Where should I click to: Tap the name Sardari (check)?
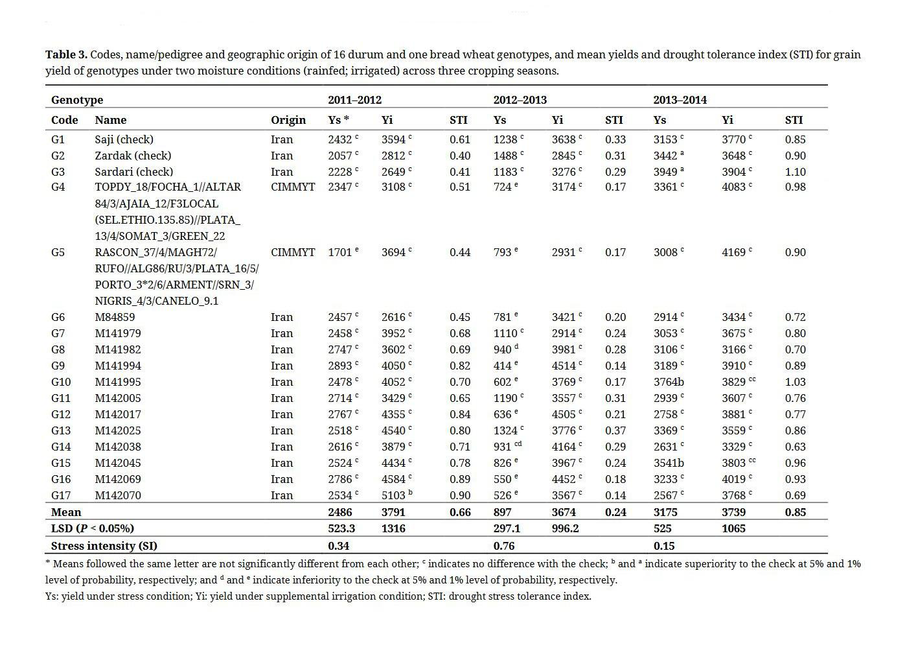point(133,172)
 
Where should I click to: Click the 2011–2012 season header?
point(354,100)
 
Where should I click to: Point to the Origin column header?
point(288,120)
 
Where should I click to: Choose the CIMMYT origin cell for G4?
point(293,187)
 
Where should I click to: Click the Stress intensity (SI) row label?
point(104,546)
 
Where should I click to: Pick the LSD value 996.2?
point(565,528)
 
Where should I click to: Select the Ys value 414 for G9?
point(502,366)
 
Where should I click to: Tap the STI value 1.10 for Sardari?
point(795,172)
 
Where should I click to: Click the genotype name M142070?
point(118,495)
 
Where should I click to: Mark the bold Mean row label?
point(66,512)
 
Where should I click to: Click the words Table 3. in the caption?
point(66,54)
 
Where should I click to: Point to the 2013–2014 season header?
point(680,100)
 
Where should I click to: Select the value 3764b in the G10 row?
point(669,382)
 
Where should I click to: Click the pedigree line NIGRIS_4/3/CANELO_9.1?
point(156,301)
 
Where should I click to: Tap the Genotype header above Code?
point(77,100)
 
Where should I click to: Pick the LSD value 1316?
point(393,528)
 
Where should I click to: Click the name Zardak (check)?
point(133,156)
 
